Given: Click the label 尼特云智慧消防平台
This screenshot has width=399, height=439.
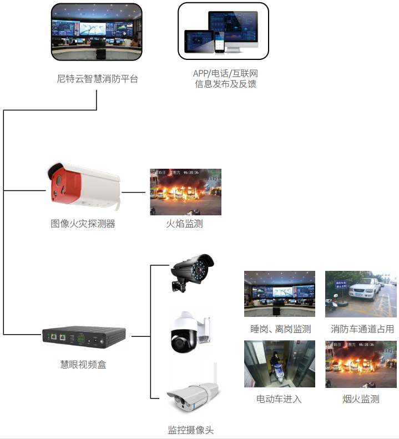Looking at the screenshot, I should click(97, 79).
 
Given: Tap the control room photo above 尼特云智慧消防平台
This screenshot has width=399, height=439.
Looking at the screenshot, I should click(97, 32).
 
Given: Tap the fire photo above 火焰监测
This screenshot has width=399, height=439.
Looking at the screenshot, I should click(186, 192).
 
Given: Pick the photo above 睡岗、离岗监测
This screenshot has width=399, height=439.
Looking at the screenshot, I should click(279, 294).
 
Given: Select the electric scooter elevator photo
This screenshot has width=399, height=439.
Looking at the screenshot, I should click(279, 364).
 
